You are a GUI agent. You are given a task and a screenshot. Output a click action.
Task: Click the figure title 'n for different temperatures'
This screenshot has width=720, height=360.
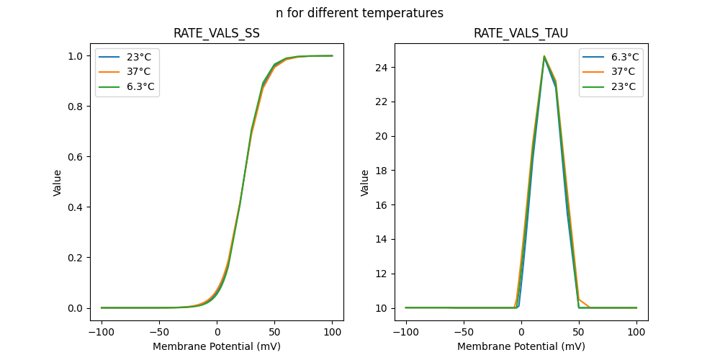coord(359,13)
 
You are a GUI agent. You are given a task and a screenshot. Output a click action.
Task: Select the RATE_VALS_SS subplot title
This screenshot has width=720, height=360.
coord(217,33)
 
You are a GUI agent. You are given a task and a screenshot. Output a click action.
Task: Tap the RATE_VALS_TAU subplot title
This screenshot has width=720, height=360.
coord(521,33)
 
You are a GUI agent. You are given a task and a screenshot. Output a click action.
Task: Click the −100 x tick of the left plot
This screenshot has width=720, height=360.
coord(101,332)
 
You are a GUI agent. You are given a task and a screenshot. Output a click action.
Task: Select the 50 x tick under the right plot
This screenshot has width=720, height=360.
coord(579,332)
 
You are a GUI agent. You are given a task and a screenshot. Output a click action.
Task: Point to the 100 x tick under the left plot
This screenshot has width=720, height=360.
coord(332,332)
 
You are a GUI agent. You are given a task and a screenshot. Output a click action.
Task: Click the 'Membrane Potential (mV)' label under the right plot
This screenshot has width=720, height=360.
coord(521,346)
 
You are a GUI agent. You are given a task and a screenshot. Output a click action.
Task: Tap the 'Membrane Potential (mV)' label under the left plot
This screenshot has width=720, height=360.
coord(217,346)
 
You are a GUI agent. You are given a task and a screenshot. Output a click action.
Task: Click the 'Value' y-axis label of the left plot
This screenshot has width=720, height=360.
coord(58,183)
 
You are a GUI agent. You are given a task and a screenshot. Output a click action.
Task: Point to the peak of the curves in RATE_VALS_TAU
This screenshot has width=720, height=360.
coord(544,56)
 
